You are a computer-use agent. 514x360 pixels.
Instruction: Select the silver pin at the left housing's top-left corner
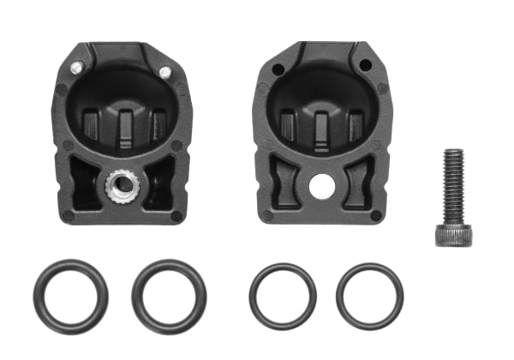click(76, 67)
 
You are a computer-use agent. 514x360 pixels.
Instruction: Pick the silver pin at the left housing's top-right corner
click(165, 71)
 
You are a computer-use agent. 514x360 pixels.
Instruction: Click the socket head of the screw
click(452, 232)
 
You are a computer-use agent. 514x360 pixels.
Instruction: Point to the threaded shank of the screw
click(452, 183)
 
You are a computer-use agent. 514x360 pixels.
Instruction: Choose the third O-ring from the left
click(283, 297)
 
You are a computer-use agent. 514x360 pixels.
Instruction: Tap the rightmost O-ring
click(369, 297)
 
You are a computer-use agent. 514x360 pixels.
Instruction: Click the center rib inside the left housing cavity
click(125, 124)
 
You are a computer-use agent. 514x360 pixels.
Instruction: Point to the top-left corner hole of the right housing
click(277, 69)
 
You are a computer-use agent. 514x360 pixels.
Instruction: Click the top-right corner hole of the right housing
click(366, 65)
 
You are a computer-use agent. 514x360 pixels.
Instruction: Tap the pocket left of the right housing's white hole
click(285, 184)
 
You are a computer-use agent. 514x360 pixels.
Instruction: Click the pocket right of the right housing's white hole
click(357, 183)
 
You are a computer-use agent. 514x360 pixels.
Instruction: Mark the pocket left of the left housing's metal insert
click(84, 182)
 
